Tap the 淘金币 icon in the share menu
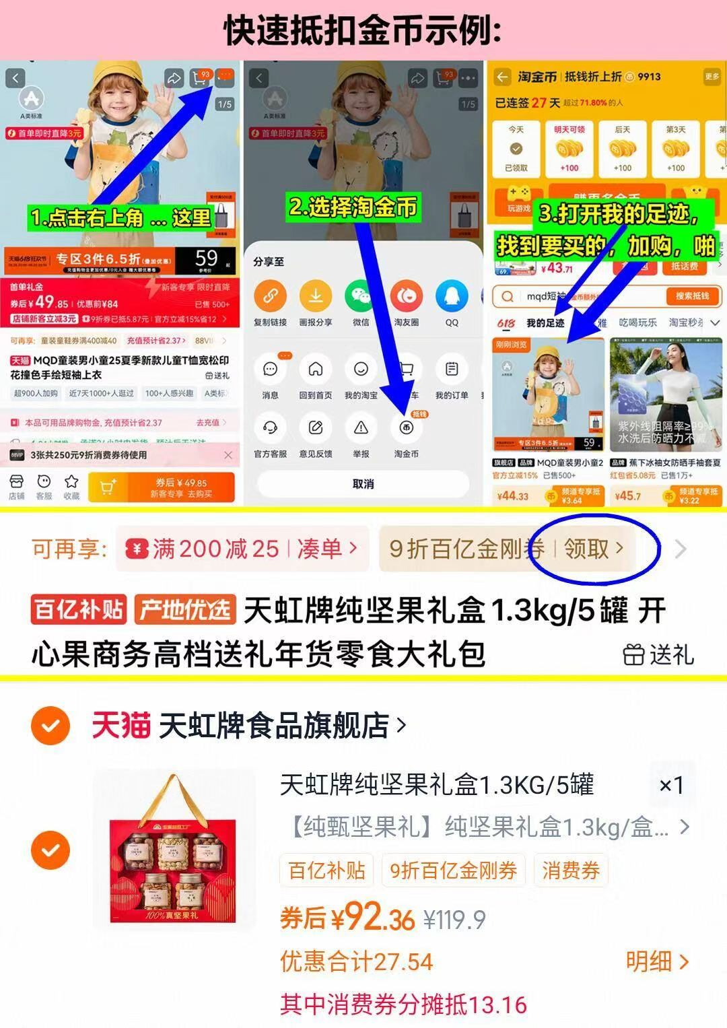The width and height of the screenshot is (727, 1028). (406, 428)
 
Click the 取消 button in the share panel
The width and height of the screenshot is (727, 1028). (363, 484)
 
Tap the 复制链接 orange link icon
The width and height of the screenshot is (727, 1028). (271, 296)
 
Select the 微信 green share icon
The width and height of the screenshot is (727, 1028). (361, 296)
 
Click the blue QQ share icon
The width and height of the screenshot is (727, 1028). (452, 296)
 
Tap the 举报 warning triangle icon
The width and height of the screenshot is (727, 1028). (361, 428)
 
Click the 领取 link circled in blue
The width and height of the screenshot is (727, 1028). (593, 549)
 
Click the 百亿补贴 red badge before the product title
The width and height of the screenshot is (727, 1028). (79, 609)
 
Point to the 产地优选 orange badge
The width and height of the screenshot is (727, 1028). (184, 609)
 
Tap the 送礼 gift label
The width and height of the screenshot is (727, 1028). (658, 654)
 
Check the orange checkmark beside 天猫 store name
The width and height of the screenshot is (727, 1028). (50, 726)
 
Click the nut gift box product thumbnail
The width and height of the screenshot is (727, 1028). (174, 850)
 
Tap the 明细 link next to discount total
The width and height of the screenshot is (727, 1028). (657, 962)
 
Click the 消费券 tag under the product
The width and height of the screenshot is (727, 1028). (571, 870)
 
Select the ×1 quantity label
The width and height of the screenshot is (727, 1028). (671, 785)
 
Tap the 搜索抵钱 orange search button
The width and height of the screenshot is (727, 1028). (693, 296)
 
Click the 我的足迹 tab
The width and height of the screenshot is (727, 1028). (545, 323)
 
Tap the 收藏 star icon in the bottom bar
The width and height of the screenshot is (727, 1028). (71, 486)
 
